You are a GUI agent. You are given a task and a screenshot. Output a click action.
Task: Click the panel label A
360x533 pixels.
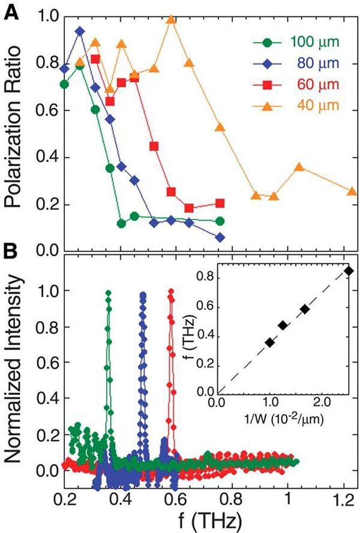coord(11,10)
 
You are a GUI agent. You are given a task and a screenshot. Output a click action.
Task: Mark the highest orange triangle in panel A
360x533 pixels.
coord(171,19)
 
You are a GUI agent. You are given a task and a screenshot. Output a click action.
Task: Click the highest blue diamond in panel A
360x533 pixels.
coord(79,31)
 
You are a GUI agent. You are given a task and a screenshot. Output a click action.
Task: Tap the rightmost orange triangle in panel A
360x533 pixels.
coord(352,191)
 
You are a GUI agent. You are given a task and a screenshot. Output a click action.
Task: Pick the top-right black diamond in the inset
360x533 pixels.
coord(349,270)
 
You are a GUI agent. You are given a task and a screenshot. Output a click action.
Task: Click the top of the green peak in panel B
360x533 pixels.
coord(109,293)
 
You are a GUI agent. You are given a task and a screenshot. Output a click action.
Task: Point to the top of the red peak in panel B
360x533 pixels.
coord(172,291)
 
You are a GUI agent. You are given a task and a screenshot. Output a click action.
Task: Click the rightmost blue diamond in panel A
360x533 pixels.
coord(220,237)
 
